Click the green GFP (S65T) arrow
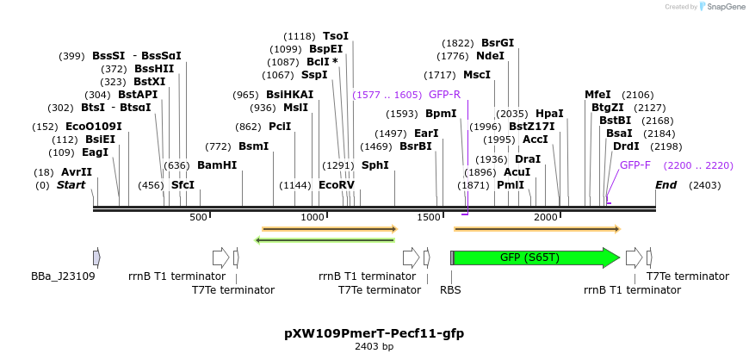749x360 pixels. pos(534,258)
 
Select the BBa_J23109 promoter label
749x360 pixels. pos(63,276)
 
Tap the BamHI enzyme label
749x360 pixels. pos(216,165)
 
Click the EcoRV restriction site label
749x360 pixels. pos(336,185)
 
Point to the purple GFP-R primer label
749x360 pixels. pos(444,95)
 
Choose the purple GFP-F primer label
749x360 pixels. pos(635,165)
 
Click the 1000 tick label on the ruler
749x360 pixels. pos(313,217)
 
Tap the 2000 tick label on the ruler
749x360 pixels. pos(546,217)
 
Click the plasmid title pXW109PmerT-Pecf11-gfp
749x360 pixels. pos(374,332)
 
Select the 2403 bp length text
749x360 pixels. pos(374,347)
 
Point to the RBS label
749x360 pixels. pos(450,290)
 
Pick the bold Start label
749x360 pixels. pos(71,185)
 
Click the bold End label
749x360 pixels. pos(665,185)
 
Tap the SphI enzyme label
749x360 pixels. pos(374,165)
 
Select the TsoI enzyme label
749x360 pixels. pos(336,36)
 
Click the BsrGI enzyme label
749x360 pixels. pos(497,43)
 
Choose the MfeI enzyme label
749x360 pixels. pos(597,95)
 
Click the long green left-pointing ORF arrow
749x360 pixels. pos(325,239)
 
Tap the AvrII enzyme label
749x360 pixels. pos(76,172)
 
